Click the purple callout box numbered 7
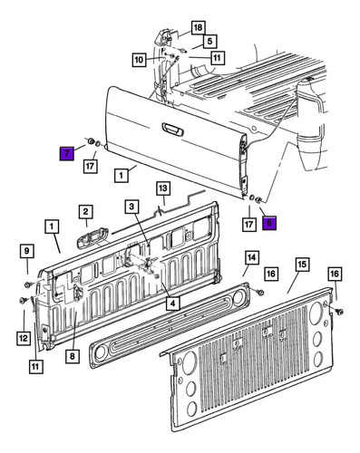point(67,153)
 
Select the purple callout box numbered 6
point(269,223)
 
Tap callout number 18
point(198,28)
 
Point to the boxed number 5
point(210,41)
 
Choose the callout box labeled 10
point(139,60)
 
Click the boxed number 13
point(163,188)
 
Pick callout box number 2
point(86,212)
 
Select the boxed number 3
point(131,207)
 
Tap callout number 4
point(172,304)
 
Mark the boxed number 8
point(73,356)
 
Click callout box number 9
point(27,251)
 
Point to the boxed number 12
point(24,338)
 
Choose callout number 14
point(252,257)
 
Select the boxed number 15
point(302,265)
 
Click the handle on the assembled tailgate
point(172,130)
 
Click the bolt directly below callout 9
point(28,284)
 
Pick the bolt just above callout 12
point(23,301)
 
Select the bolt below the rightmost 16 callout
point(339,312)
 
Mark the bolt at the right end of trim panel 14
point(260,292)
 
